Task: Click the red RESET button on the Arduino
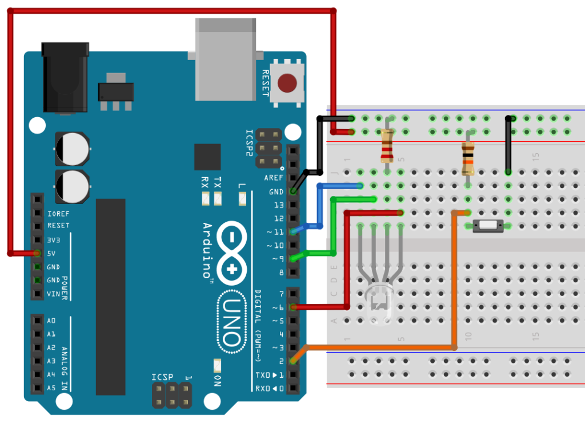point(287,83)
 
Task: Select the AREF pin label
point(274,178)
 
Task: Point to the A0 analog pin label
point(51,321)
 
